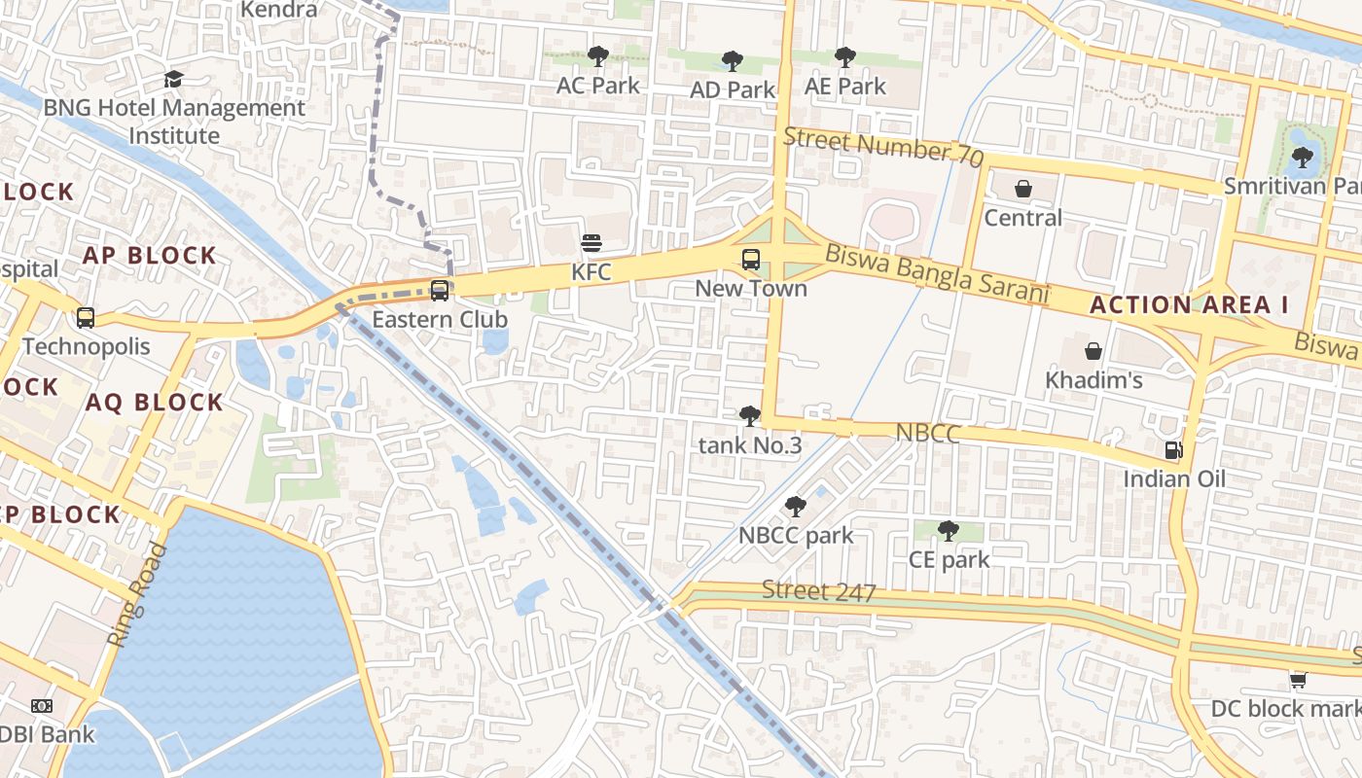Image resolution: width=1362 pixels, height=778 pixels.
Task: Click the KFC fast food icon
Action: click(x=591, y=243)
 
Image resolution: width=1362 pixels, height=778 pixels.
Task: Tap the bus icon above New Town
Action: click(x=751, y=259)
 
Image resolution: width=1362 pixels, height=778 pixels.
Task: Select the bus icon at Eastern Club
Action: click(x=440, y=290)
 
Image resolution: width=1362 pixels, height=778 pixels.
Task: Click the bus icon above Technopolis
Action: click(x=86, y=317)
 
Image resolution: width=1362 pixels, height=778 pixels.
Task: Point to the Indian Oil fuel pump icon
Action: click(x=1174, y=450)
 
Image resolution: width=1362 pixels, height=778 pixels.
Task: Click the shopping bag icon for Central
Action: click(x=1022, y=189)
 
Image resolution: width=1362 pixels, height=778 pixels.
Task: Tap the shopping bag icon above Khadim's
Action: click(x=1093, y=351)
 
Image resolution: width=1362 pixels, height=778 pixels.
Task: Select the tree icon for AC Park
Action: click(x=598, y=56)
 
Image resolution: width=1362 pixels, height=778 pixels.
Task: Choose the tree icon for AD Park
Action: click(x=732, y=61)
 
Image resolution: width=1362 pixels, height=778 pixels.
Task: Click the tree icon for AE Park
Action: click(x=844, y=57)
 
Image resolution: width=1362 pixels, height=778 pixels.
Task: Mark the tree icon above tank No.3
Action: click(x=749, y=416)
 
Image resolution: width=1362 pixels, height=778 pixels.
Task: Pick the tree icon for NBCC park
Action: click(x=795, y=507)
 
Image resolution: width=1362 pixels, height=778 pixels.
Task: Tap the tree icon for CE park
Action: click(x=949, y=531)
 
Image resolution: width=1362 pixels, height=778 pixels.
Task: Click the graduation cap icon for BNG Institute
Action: click(x=174, y=80)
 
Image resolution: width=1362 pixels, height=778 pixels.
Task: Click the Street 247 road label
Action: click(x=818, y=591)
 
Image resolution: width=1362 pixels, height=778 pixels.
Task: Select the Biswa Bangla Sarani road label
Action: click(x=938, y=273)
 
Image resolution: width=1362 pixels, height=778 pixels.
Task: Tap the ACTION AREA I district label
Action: click(x=1189, y=304)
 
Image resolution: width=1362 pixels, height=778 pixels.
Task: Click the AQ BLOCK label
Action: click(x=155, y=402)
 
